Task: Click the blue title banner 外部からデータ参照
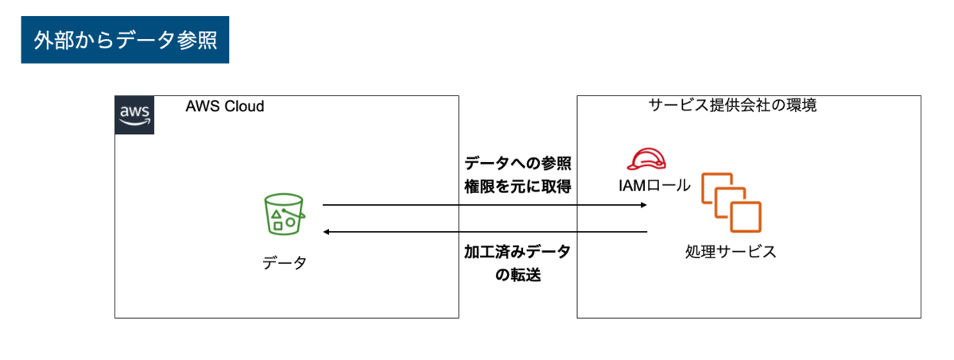[x=125, y=40]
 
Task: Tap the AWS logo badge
[x=134, y=114]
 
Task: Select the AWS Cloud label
[x=224, y=106]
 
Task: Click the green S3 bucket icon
[x=284, y=213]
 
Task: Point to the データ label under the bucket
[x=284, y=263]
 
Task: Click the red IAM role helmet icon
[x=646, y=160]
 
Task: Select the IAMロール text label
[x=653, y=188]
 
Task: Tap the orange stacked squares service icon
[x=731, y=199]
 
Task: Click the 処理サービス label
[x=730, y=253]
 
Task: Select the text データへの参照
[x=518, y=164]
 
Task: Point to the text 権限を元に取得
[x=518, y=188]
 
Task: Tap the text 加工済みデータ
[x=518, y=252]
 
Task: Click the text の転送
[x=518, y=276]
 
